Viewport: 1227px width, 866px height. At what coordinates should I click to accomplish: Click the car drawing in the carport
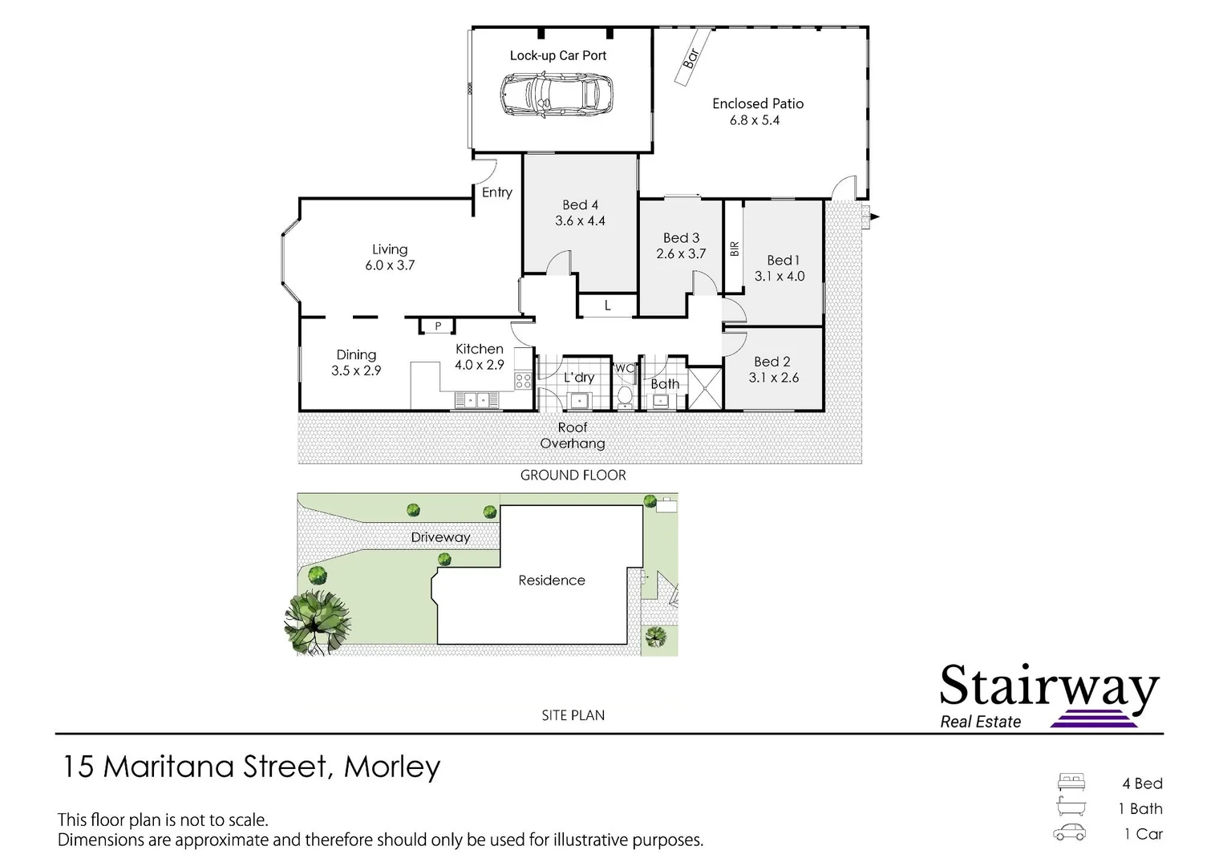[556, 95]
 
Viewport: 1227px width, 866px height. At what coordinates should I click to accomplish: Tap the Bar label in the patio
[690, 57]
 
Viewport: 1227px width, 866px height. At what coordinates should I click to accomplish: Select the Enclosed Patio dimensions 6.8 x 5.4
[754, 120]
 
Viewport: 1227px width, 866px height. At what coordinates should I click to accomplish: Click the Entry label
[496, 192]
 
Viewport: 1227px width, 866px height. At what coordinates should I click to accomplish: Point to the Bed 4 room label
[580, 205]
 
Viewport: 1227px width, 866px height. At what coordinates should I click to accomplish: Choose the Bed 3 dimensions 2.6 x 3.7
[681, 254]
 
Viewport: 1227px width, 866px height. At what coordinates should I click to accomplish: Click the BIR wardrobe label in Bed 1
[734, 249]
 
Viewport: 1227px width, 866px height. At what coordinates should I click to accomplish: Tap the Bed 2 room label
[771, 362]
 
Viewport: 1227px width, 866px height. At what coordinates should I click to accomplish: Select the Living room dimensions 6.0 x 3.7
[390, 265]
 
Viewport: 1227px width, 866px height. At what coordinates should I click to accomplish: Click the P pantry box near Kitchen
[438, 326]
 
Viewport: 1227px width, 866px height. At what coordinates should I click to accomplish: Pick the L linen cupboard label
[607, 306]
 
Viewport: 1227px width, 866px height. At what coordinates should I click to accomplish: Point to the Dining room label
[356, 354]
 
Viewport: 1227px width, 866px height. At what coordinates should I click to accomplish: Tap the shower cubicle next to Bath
[706, 389]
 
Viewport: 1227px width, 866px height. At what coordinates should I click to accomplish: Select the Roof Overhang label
[573, 435]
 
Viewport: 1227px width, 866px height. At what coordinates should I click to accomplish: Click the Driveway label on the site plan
[440, 537]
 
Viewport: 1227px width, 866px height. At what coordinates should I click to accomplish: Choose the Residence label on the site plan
[552, 580]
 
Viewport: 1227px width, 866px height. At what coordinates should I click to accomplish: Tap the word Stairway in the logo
[1048, 687]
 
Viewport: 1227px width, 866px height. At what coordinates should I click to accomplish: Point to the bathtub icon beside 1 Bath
[1071, 807]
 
